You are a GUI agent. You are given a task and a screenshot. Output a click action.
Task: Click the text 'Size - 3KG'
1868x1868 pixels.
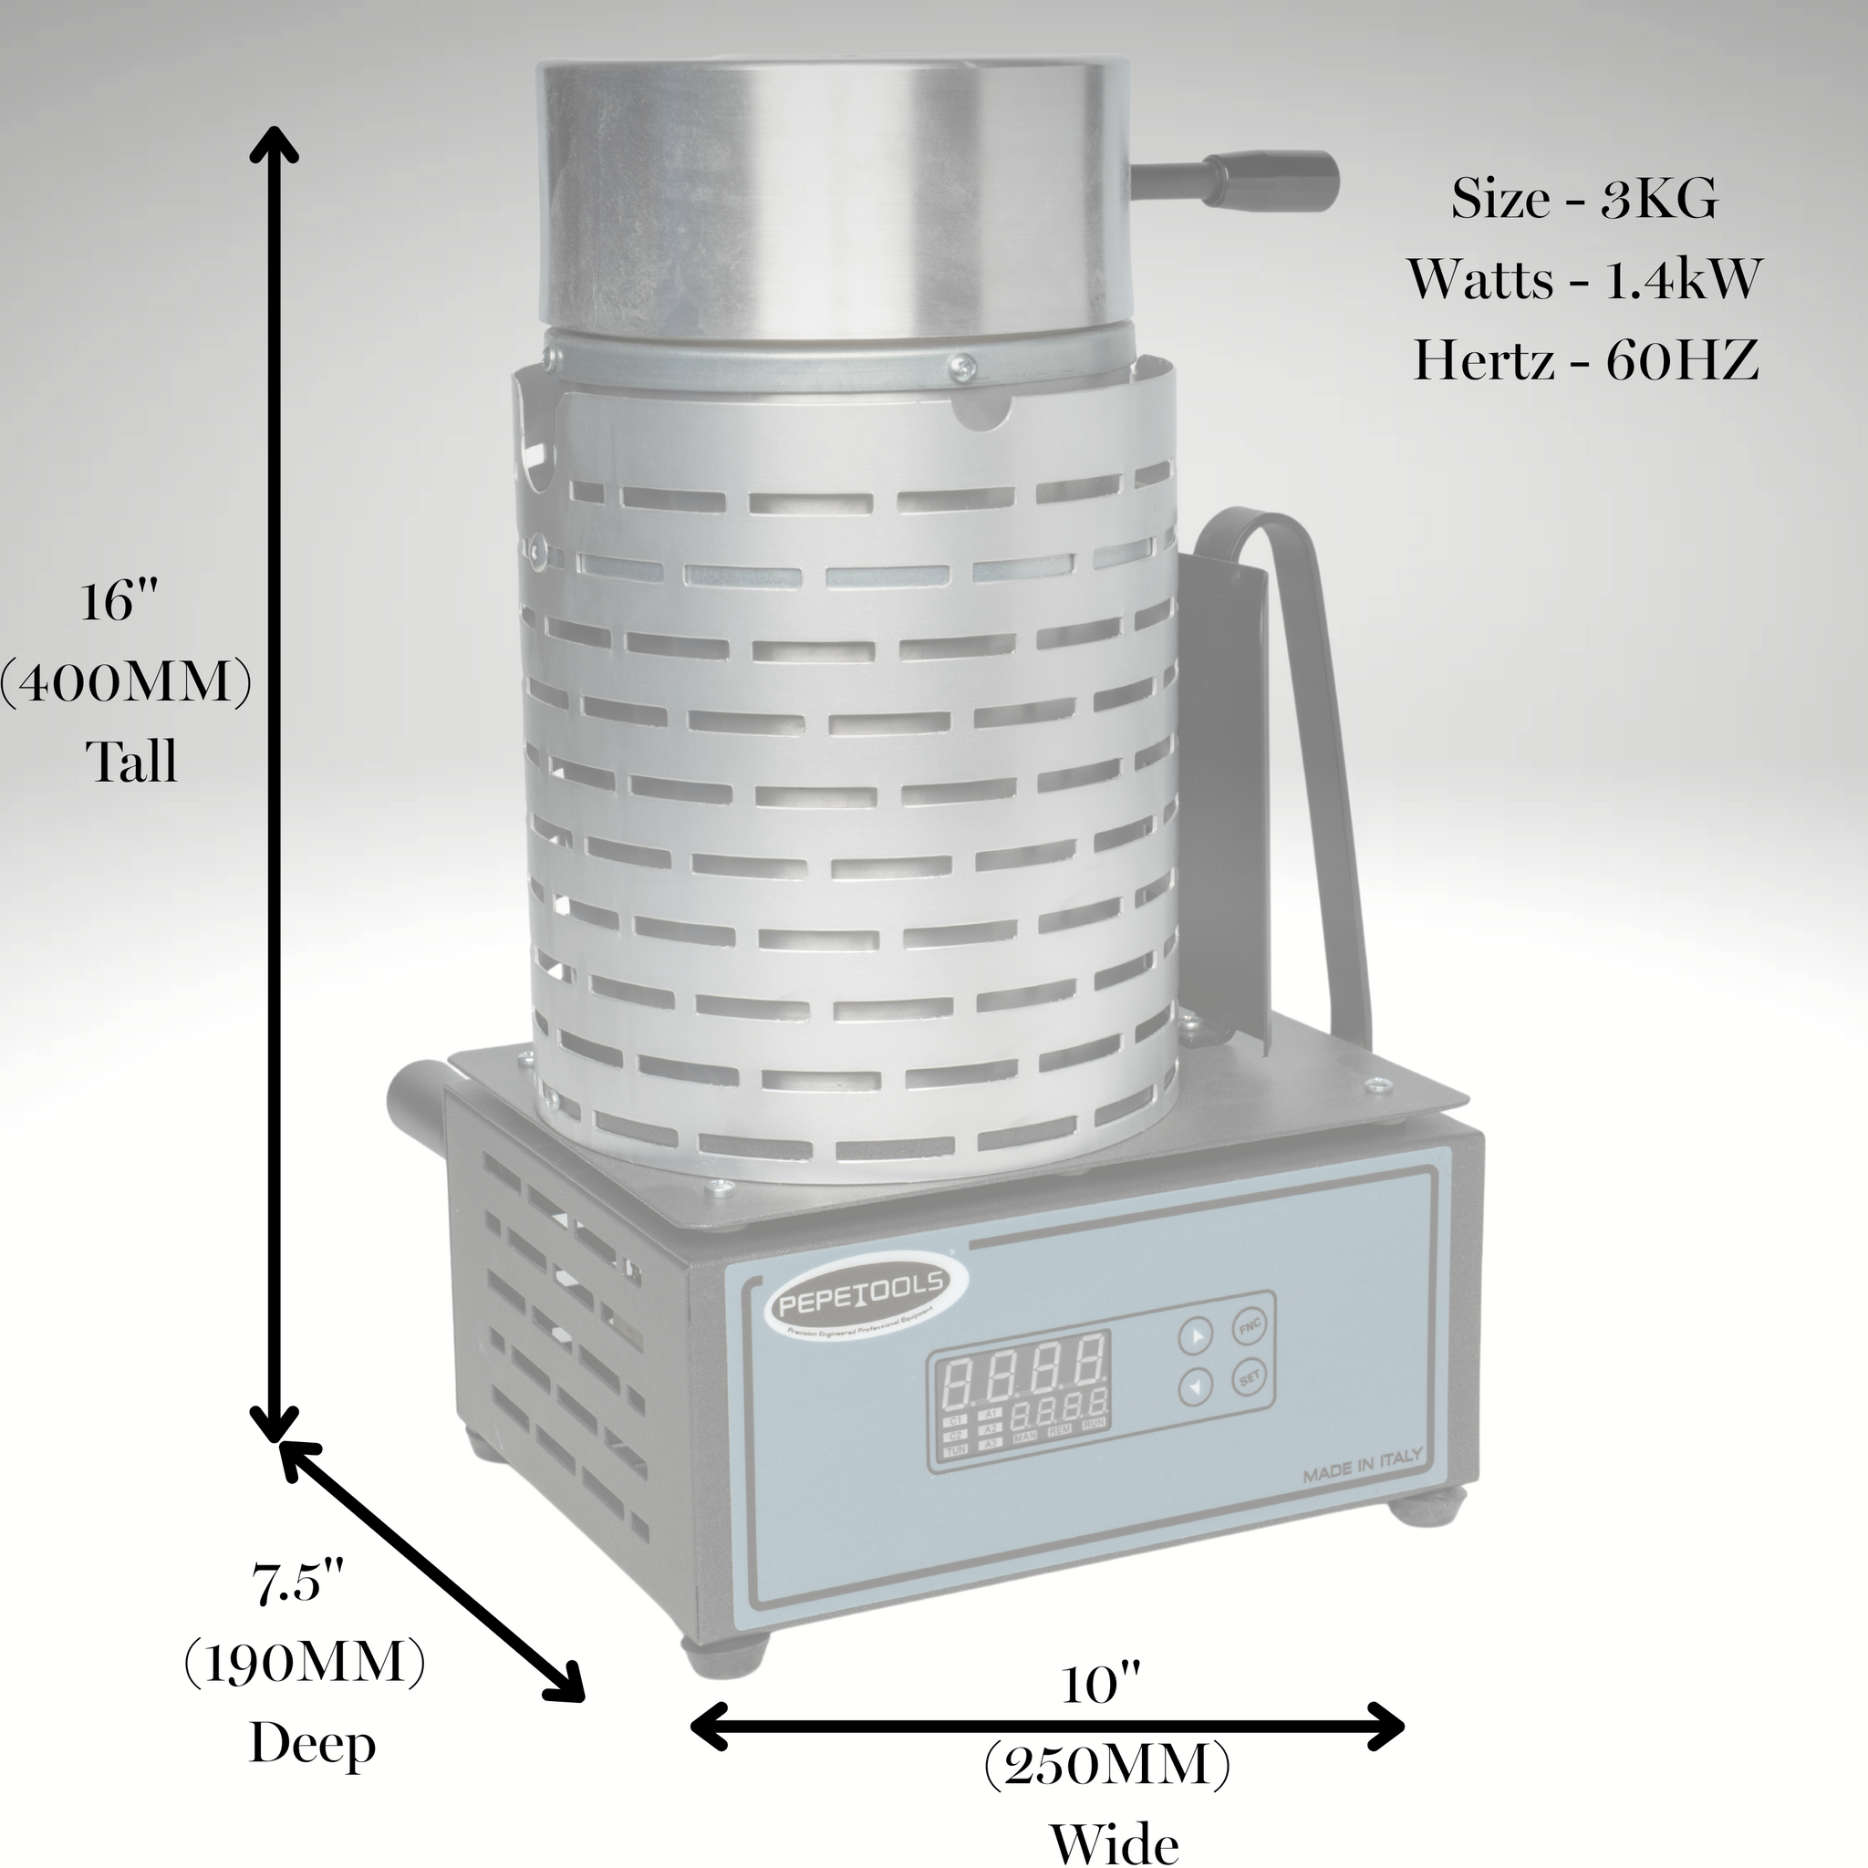pos(1583,199)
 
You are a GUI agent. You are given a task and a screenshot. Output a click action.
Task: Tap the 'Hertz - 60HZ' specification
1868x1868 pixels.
pos(1583,359)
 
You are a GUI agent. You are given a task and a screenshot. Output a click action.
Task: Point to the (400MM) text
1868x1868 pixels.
pos(126,683)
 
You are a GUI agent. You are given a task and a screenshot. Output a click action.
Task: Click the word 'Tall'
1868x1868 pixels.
pos(133,762)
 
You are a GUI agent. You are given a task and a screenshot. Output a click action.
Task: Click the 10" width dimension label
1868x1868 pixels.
pos(1102,1686)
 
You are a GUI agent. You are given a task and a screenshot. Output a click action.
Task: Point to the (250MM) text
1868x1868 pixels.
pos(1106,1766)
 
